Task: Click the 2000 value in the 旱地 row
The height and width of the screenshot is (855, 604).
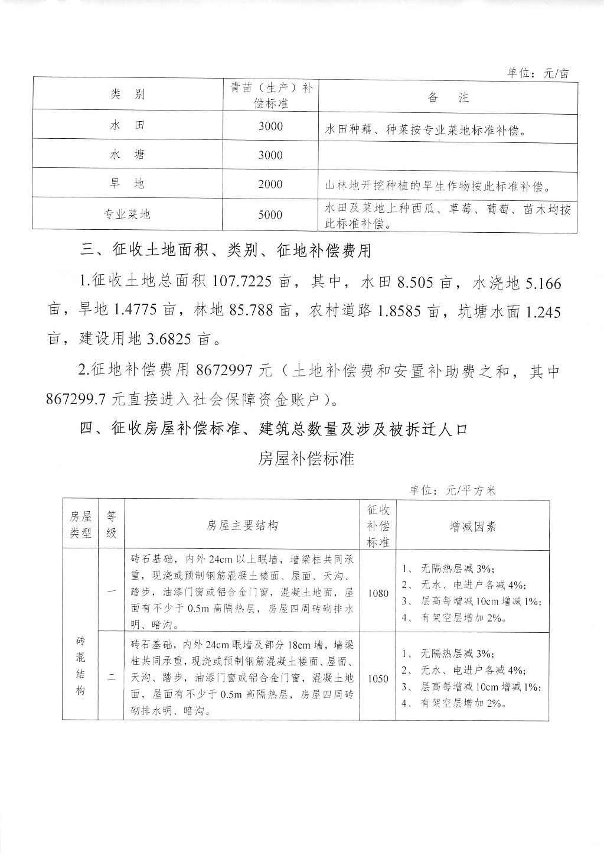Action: point(270,184)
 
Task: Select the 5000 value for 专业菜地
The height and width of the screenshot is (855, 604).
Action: point(270,215)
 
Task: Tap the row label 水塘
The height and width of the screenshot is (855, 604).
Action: point(127,155)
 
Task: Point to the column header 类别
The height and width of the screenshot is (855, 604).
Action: point(127,95)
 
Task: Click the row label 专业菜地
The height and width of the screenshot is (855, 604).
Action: point(127,215)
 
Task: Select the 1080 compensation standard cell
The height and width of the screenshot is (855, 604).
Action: point(378,593)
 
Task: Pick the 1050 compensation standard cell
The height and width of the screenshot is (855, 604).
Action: point(378,678)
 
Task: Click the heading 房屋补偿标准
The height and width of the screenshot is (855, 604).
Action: point(306,459)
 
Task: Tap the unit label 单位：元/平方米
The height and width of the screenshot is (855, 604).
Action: point(453,490)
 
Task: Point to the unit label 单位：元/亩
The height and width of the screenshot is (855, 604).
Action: point(538,73)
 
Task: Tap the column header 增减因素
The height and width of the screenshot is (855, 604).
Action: point(472,526)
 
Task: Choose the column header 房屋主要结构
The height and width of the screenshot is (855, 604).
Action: point(242,526)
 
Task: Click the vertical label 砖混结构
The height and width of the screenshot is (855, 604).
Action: point(80,666)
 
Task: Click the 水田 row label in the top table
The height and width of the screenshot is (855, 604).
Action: point(127,126)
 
